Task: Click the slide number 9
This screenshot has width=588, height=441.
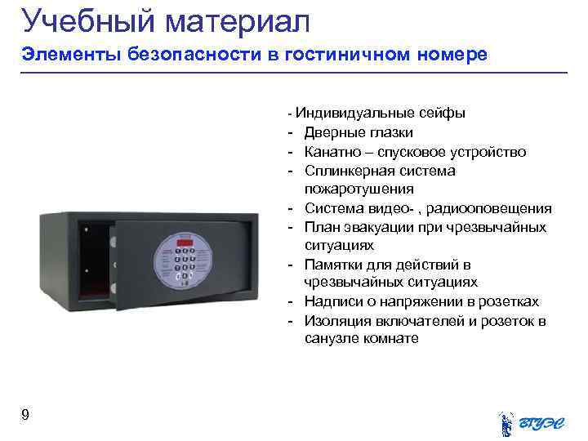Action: click(26, 415)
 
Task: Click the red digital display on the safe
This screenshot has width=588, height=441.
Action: click(187, 242)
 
